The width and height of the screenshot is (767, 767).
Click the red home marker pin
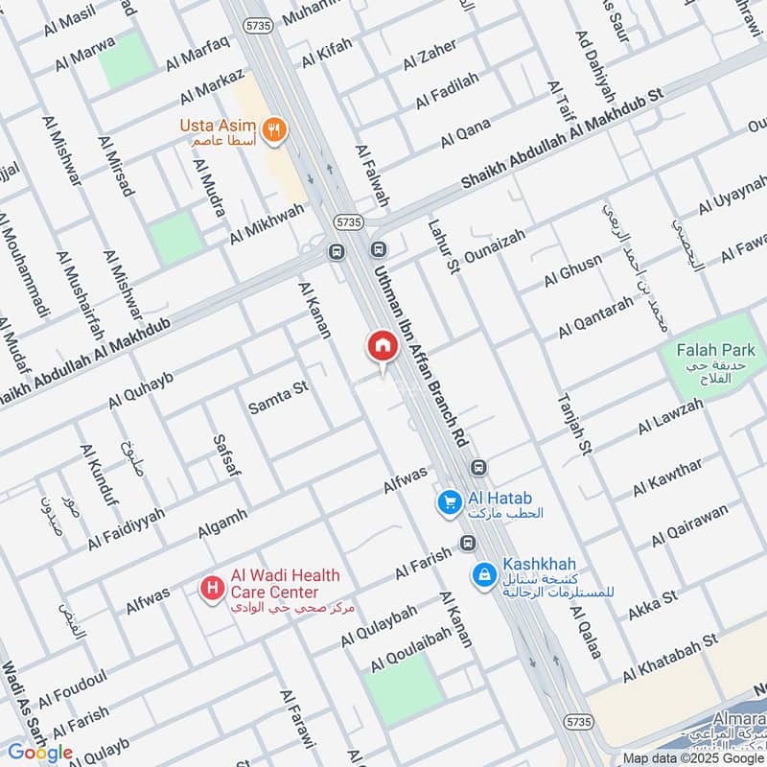[382, 346]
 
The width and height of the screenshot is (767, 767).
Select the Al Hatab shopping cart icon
[448, 500]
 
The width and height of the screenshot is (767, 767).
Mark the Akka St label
[653, 605]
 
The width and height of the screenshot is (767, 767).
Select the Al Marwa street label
[84, 53]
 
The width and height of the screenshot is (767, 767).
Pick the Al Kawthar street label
[667, 477]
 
